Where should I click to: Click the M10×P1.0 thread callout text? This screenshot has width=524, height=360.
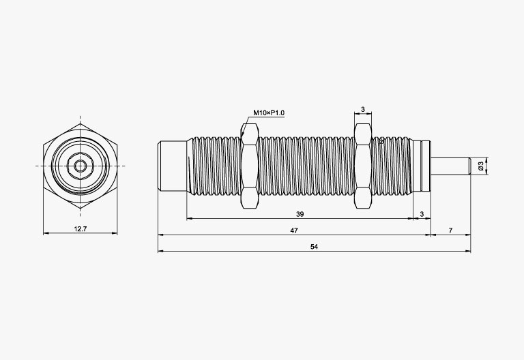[269, 113]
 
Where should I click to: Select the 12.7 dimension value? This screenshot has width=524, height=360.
[81, 229]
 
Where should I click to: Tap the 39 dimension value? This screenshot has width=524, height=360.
[300, 214]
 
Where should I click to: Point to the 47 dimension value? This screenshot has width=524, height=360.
[294, 230]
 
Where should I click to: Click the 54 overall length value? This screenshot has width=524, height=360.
[314, 247]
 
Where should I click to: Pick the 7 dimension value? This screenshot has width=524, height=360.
[450, 230]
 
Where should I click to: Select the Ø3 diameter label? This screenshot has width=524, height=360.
[481, 165]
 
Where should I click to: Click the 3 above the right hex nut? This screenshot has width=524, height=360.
[363, 109]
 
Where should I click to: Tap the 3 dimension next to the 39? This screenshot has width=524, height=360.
[422, 214]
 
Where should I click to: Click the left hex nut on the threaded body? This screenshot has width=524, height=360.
[249, 166]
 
